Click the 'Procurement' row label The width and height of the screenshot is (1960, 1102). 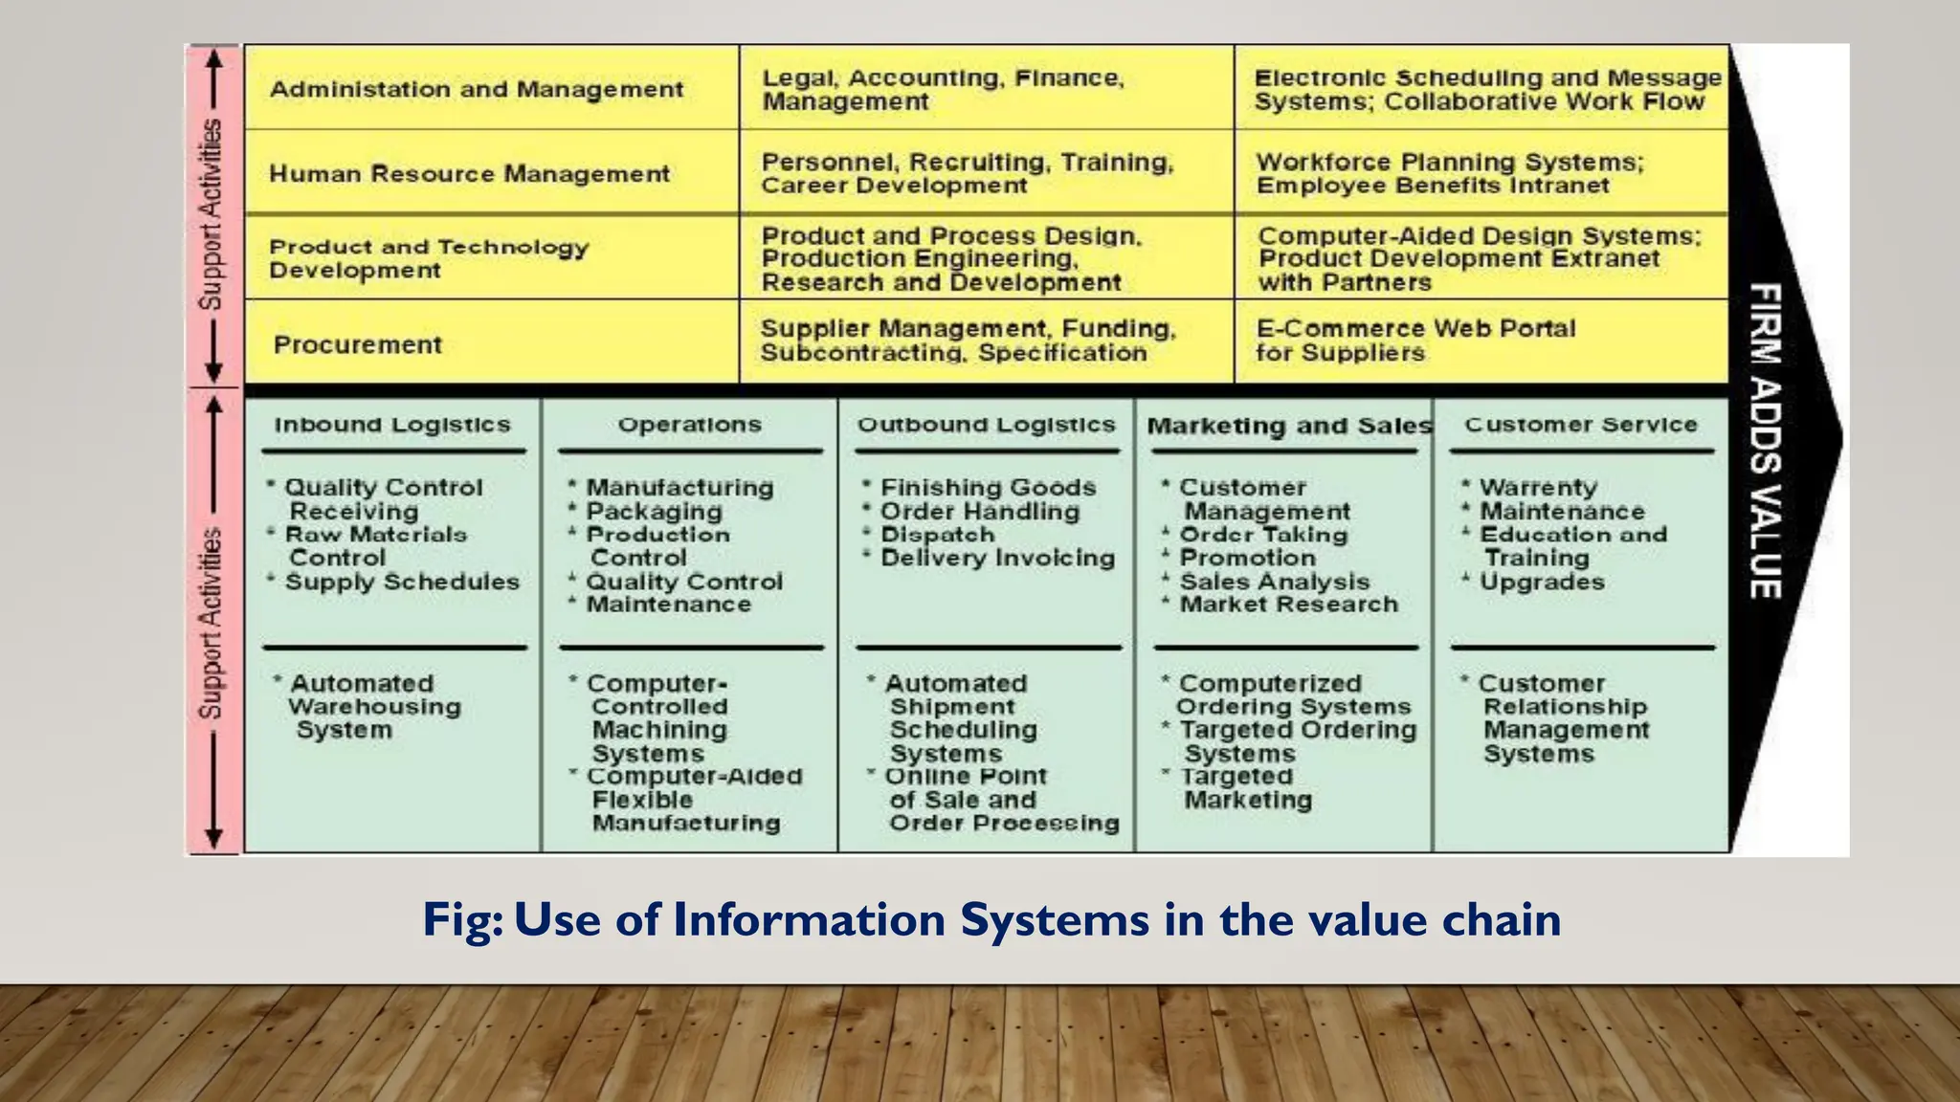point(358,344)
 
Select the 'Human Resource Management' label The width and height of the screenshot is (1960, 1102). point(469,174)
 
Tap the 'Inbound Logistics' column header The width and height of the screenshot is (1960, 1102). point(392,425)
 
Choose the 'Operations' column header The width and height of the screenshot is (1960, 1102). point(689,425)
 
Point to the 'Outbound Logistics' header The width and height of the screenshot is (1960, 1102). point(986,425)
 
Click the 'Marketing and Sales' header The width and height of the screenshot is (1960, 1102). point(1288,426)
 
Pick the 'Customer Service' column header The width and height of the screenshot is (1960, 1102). point(1580,425)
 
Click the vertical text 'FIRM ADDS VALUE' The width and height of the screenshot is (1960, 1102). point(1766,440)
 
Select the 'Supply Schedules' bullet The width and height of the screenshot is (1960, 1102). point(402,582)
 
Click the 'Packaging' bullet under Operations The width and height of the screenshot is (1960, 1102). point(654,512)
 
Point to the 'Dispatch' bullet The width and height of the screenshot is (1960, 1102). point(937,535)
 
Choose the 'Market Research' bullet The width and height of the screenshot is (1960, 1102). point(1288,605)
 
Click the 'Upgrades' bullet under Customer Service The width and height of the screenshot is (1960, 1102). point(1542,582)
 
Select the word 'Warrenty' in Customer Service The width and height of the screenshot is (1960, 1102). point(1538,488)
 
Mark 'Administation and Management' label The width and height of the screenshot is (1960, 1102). point(477,90)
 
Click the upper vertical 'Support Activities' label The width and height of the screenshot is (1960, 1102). point(211,214)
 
